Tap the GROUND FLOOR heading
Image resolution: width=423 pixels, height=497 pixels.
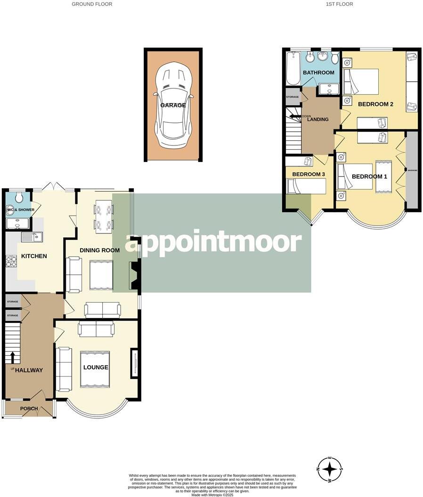[x=92, y=4]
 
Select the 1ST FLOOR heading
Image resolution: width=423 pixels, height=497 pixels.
[x=339, y=4]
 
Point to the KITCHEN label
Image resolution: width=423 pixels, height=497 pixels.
[x=34, y=257]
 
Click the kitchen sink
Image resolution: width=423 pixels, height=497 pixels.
[x=32, y=237]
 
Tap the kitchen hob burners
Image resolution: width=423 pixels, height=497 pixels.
[x=11, y=261]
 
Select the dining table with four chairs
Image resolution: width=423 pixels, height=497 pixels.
[x=104, y=216]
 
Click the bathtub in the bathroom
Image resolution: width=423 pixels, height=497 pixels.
[x=292, y=68]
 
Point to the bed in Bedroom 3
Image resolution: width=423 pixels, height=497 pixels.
[x=306, y=187]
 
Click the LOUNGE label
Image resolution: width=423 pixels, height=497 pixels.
[x=96, y=368]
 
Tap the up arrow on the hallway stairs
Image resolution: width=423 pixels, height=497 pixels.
[x=13, y=357]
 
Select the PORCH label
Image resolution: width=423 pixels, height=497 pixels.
[x=29, y=409]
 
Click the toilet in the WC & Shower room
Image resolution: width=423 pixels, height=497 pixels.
[x=18, y=197]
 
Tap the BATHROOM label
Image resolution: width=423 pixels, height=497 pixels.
[x=318, y=72]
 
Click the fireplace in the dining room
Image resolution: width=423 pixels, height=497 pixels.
[x=133, y=275]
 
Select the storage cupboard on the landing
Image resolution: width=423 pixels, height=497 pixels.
[x=293, y=97]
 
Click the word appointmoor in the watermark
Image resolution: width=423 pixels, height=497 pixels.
[x=212, y=243]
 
